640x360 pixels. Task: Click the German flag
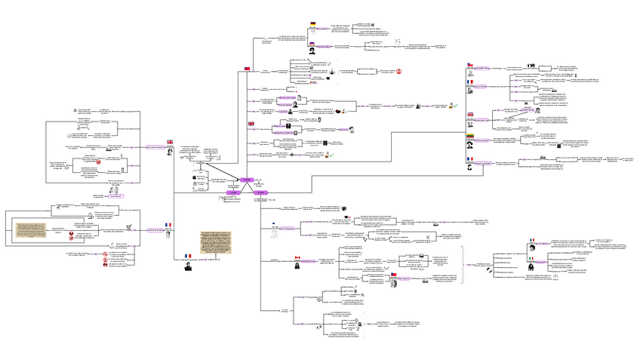click(313, 24)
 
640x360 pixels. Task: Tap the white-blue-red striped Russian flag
click(313, 43)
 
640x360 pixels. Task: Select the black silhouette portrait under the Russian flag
click(313, 51)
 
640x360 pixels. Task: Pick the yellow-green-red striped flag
click(469, 136)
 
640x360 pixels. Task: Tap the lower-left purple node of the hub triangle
click(233, 193)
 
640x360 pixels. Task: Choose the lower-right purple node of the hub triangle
click(260, 193)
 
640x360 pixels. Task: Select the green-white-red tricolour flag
click(531, 258)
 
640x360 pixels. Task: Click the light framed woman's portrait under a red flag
click(393, 284)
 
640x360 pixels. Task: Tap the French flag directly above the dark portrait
click(187, 256)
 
